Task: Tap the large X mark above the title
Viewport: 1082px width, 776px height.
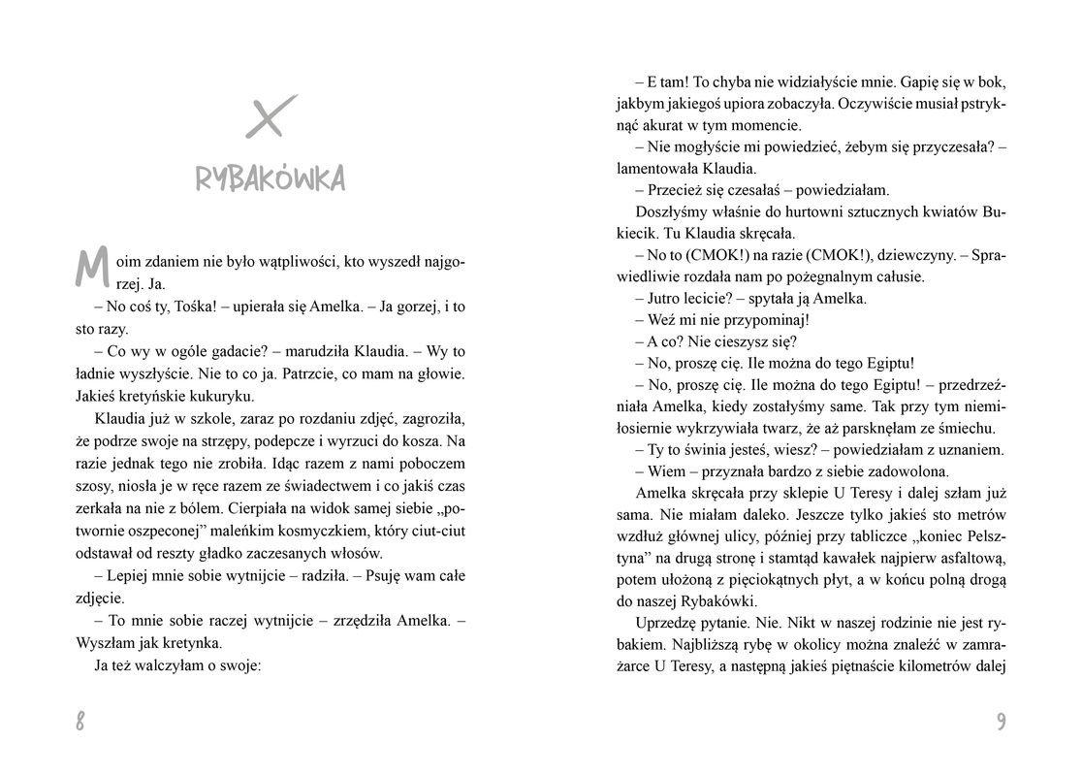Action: (270, 117)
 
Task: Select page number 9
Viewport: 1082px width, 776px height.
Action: (1001, 721)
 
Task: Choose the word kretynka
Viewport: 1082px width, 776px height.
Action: (193, 642)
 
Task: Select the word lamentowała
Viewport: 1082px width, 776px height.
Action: (658, 167)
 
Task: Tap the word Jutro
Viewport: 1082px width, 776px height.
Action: (666, 298)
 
